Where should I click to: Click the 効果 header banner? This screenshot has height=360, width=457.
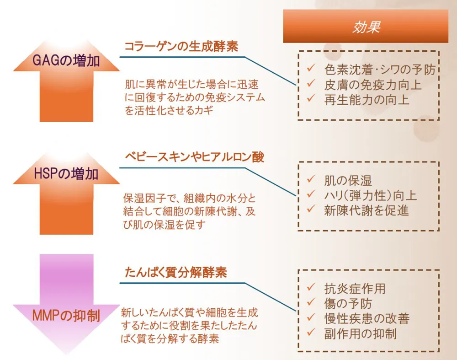(365, 27)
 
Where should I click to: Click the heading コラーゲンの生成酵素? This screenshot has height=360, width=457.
(181, 47)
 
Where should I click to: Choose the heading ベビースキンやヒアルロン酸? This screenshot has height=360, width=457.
(195, 157)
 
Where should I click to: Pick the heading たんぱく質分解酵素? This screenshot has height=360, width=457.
(176, 273)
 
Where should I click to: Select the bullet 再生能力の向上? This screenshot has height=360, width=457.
(367, 99)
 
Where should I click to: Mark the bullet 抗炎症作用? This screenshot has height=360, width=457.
(355, 289)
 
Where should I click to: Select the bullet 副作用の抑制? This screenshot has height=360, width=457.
(360, 333)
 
